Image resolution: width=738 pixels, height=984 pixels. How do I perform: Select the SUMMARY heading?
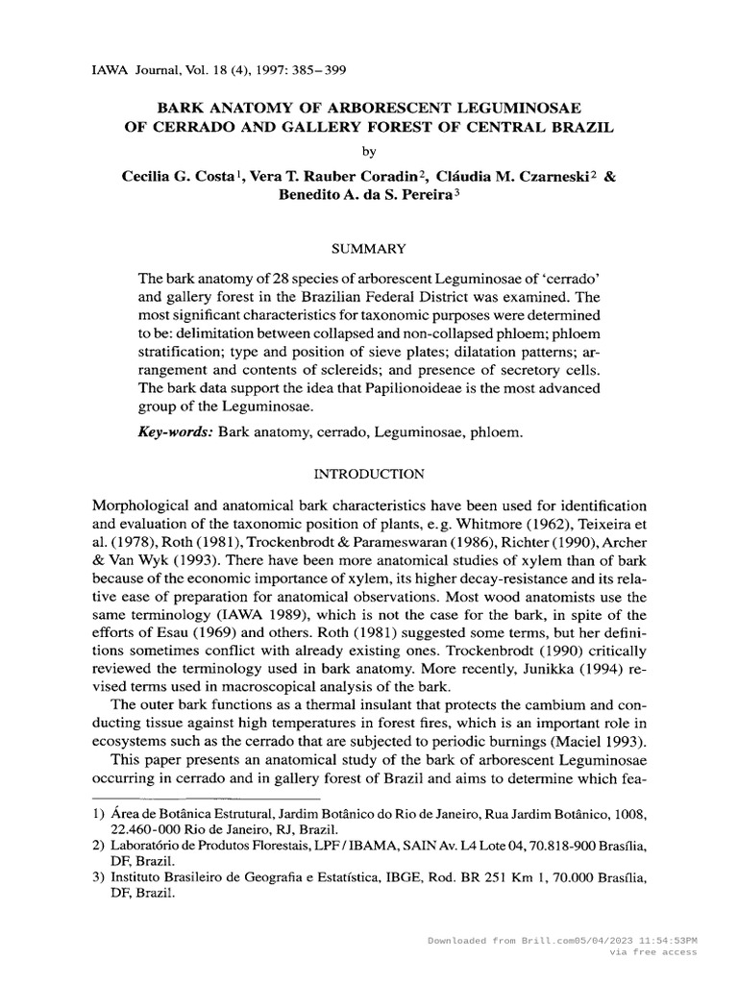(x=368, y=249)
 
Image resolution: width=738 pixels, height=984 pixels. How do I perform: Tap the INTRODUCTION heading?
(x=370, y=474)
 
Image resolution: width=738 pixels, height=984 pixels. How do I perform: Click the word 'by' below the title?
(x=369, y=150)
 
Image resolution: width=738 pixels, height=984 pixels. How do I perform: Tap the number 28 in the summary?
(x=279, y=277)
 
